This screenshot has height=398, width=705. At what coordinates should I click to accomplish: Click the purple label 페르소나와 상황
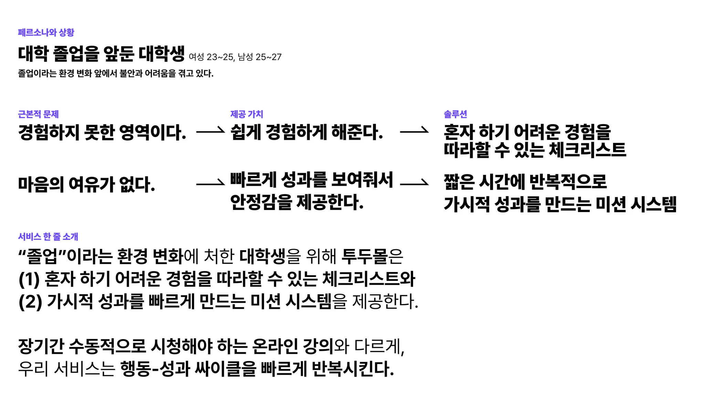[x=46, y=32]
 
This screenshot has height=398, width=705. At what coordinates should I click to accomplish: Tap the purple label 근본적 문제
[x=38, y=114]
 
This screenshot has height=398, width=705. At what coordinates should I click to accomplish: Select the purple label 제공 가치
[x=246, y=114]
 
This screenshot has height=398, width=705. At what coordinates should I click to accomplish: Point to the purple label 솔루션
[x=455, y=114]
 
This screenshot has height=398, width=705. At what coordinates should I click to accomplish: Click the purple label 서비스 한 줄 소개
[x=48, y=237]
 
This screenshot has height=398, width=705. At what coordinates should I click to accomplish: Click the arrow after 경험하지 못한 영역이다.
[x=210, y=131]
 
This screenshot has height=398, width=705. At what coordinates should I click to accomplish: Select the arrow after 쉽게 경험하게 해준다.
[x=414, y=131]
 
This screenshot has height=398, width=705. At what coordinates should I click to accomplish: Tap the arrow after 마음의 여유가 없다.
[x=210, y=184]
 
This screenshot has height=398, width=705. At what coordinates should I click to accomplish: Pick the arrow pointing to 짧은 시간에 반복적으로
[x=414, y=184]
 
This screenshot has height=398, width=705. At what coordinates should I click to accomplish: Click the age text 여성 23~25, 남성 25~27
[x=235, y=57]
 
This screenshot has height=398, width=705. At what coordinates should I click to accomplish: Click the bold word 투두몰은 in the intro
[x=372, y=256]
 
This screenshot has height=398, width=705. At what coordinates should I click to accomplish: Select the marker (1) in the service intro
[x=29, y=279]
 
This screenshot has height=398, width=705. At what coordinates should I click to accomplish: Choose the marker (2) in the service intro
[x=30, y=302]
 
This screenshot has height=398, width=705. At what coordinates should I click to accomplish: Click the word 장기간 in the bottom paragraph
[x=41, y=346]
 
